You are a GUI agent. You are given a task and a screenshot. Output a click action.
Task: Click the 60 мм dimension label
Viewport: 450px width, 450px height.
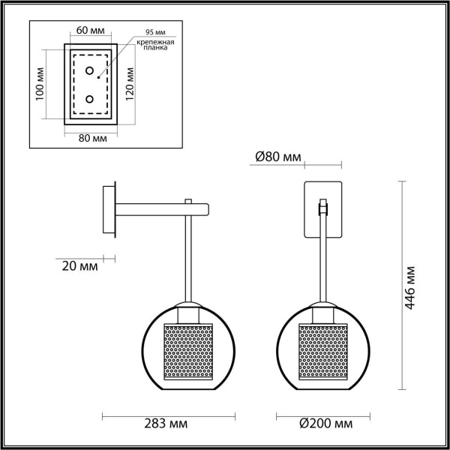pyautogui.click(x=90, y=32)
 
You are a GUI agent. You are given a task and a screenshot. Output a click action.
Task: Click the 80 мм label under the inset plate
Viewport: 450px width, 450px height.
pyautogui.click(x=91, y=139)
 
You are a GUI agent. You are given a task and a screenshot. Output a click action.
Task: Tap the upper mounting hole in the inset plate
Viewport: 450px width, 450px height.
pyautogui.click(x=90, y=72)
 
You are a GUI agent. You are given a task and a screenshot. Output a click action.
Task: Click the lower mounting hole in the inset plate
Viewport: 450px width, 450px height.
pyautogui.click(x=90, y=98)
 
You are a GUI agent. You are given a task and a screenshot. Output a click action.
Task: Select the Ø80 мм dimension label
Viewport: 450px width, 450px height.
pyautogui.click(x=277, y=157)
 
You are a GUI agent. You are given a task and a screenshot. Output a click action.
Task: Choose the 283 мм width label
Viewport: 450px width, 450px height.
pyautogui.click(x=169, y=424)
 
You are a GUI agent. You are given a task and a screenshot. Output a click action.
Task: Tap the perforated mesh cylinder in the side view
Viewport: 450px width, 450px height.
pyautogui.click(x=188, y=353)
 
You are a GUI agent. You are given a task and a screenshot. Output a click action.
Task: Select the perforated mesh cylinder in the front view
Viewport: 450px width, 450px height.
pyautogui.click(x=322, y=353)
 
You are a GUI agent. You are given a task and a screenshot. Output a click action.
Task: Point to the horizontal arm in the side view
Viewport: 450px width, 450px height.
pyautogui.click(x=154, y=205)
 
